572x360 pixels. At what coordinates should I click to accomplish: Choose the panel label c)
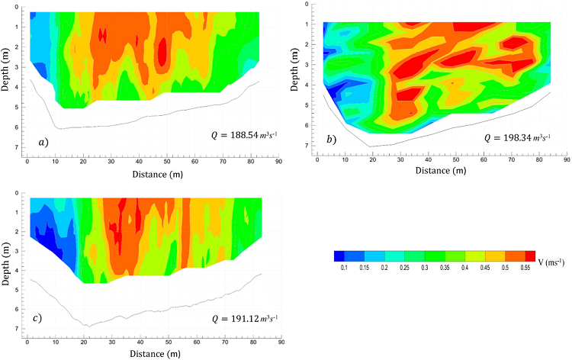37,317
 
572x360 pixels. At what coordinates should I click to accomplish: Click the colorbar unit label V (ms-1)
553,263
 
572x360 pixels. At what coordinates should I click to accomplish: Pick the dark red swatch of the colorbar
531,256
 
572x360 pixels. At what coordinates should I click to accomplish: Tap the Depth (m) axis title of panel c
7,261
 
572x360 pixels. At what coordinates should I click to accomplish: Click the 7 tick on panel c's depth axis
18,329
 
